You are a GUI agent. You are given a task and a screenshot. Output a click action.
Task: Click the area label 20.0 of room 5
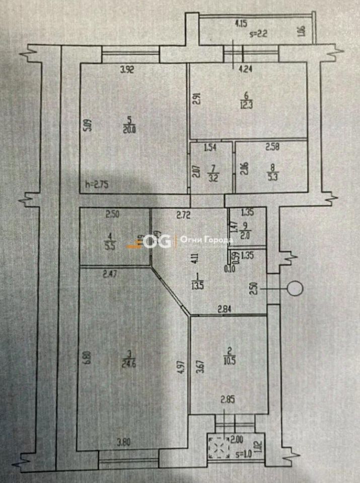129,129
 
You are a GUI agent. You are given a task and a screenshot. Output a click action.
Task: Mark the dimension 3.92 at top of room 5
127,70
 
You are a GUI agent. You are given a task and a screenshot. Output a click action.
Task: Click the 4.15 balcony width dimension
242,23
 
